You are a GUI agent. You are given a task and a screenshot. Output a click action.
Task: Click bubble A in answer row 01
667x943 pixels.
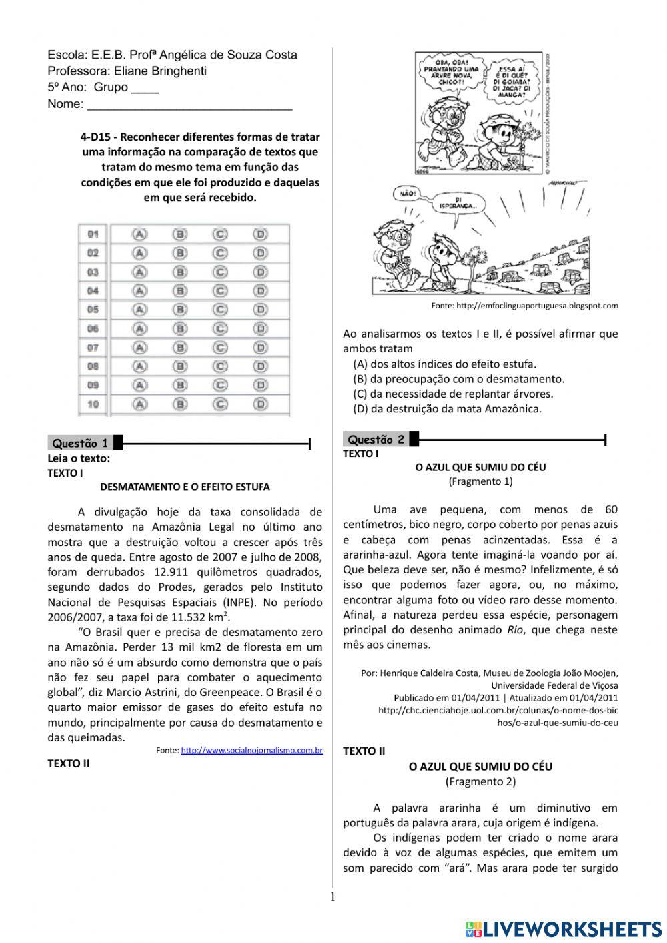click(139, 234)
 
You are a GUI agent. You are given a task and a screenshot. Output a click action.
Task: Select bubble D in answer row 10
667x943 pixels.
click(260, 404)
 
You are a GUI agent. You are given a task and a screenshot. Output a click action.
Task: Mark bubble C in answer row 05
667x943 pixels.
click(220, 310)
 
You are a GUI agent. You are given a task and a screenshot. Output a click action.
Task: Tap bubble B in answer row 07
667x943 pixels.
click(179, 347)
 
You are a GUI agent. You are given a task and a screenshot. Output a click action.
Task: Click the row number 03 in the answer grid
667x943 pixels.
click(93, 272)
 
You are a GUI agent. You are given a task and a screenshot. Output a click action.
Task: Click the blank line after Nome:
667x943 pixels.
click(189, 104)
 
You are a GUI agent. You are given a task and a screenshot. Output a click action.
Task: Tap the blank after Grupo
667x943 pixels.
click(145, 87)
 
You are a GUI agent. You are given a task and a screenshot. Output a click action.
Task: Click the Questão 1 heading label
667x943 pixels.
click(80, 443)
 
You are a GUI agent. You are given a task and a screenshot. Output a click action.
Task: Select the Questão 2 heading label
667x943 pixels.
click(376, 439)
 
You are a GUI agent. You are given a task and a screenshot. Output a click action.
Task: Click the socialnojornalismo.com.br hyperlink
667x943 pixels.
click(251, 751)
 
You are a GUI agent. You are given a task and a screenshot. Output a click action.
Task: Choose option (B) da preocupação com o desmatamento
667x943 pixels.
click(458, 379)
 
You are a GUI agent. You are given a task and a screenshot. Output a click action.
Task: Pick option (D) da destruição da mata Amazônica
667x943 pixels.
click(447, 408)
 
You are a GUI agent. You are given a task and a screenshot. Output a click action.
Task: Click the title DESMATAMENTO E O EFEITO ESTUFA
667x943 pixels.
click(185, 487)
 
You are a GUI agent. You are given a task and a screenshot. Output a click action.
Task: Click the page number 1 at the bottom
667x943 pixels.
click(333, 896)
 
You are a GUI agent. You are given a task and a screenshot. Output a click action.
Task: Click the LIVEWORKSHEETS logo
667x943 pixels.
click(564, 928)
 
